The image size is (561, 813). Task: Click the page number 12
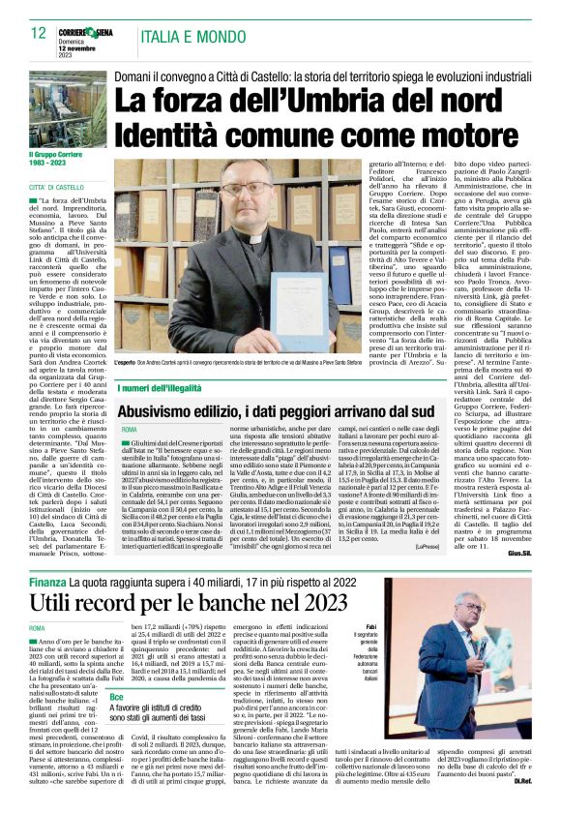(x=38, y=33)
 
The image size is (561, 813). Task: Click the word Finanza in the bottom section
(x=45, y=584)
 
